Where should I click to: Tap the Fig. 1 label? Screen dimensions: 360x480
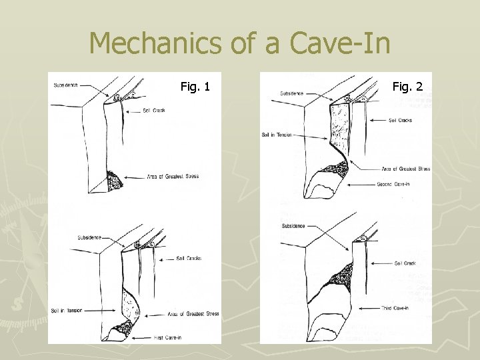[195, 86]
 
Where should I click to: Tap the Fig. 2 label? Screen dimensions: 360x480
[407, 86]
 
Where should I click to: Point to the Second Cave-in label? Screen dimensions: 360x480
[393, 184]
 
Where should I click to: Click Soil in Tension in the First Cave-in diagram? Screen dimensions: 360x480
[66, 311]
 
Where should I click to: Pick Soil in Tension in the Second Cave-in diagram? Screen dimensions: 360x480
[277, 135]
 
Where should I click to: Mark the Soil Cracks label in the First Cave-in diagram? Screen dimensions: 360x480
[189, 258]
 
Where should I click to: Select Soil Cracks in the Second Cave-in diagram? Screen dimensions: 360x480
[401, 120]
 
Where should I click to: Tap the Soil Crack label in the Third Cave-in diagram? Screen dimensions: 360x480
[405, 263]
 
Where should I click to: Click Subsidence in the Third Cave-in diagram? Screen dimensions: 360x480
[293, 226]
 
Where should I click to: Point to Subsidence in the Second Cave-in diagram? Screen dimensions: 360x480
[292, 93]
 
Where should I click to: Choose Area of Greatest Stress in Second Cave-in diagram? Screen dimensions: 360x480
[405, 169]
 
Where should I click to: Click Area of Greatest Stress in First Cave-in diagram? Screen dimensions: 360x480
[194, 313]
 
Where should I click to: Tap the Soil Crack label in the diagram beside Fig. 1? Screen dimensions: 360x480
[153, 110]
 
